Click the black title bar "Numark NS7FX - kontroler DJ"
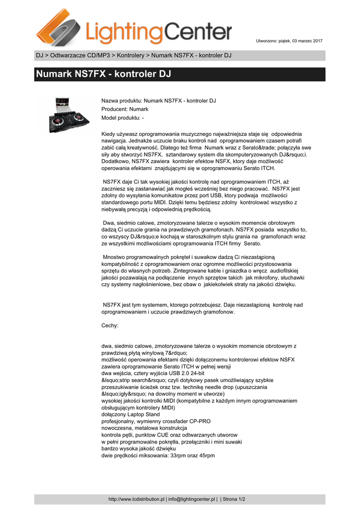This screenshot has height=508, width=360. [x=180, y=75]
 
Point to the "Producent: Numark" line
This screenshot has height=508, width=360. [x=125, y=109]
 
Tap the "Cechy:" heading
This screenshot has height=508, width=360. [x=110, y=326]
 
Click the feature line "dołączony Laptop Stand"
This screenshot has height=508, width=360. [x=131, y=414]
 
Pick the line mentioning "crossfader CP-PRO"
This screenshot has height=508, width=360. [x=155, y=421]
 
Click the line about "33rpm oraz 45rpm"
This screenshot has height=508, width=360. [x=158, y=456]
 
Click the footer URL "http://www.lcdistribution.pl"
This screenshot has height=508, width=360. [x=136, y=499]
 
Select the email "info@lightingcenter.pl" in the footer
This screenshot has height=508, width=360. [x=192, y=499]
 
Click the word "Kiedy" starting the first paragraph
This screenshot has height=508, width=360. [x=108, y=134]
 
